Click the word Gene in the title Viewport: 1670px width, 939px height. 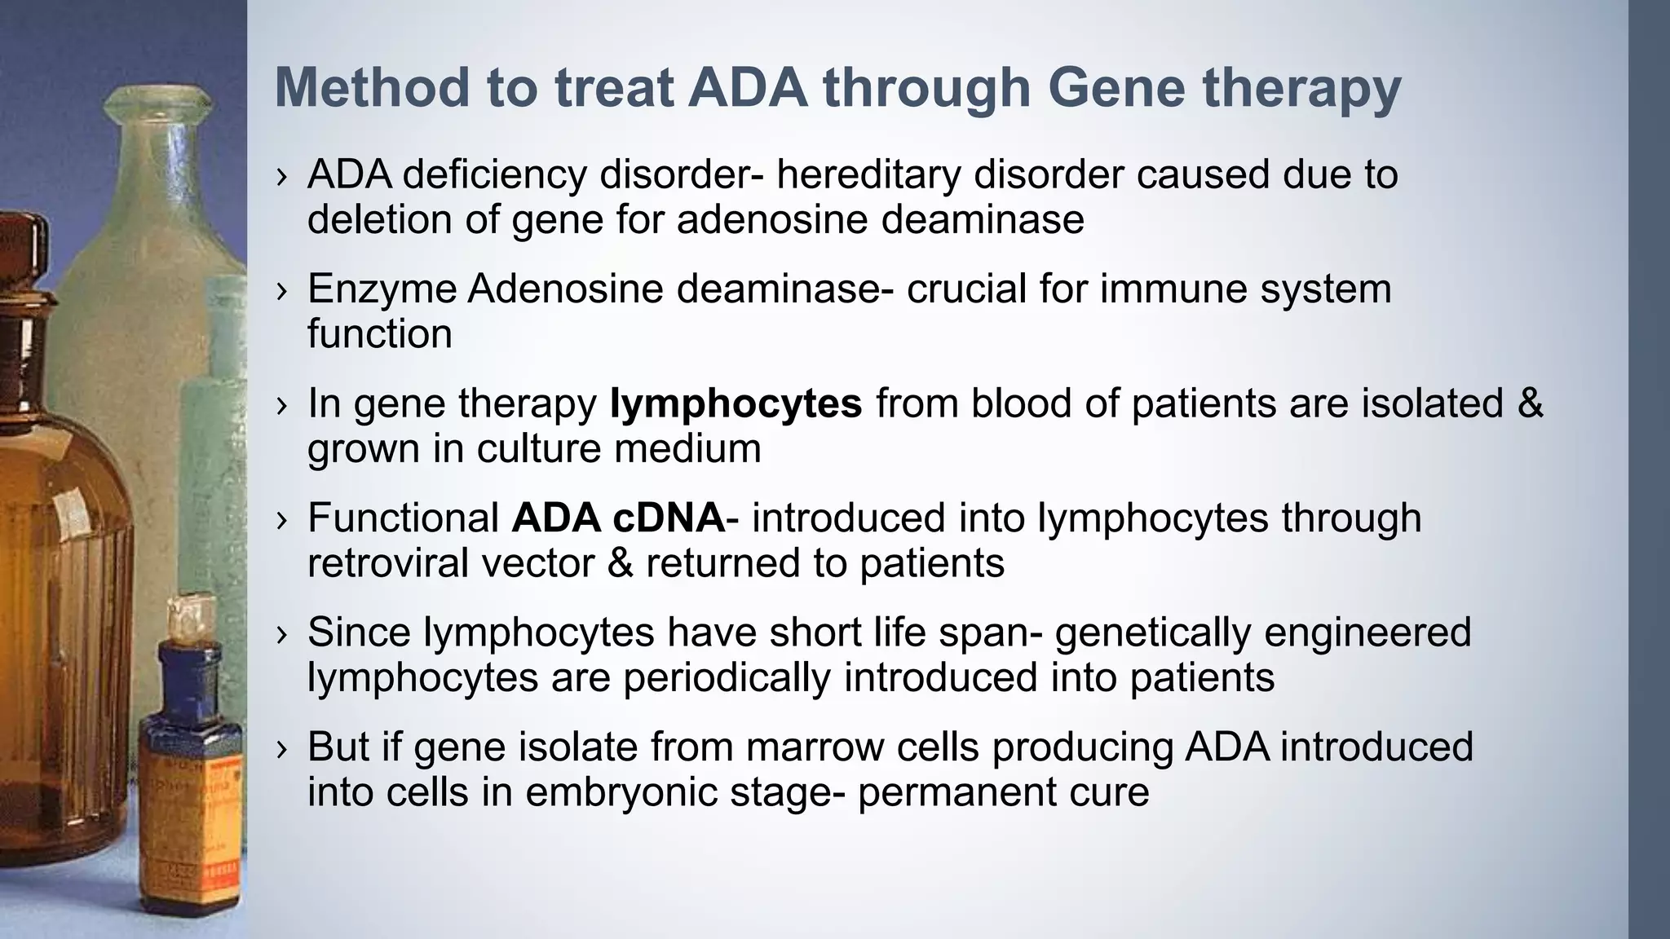pos(1116,87)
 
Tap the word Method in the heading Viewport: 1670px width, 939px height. pos(371,87)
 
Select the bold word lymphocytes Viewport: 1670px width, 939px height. pos(736,403)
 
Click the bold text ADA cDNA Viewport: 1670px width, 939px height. pos(618,518)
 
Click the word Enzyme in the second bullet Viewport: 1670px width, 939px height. pos(381,289)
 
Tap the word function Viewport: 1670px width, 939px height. pos(379,334)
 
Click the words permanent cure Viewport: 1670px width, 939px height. pos(1002,792)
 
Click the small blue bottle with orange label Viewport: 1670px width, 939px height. pos(190,782)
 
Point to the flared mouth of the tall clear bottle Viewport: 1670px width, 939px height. pos(158,102)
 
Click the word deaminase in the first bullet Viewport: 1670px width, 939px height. pos(982,220)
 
